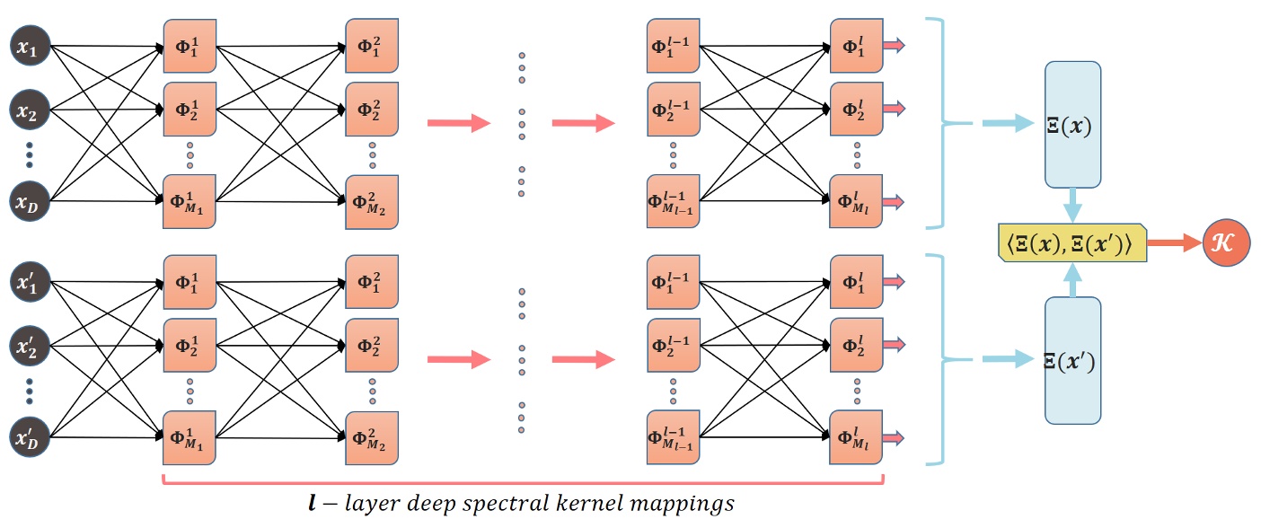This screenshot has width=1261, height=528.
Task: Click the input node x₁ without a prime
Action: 29,46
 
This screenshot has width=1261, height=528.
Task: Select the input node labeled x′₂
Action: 29,346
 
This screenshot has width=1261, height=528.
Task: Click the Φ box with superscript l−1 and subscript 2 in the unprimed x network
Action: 673,110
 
